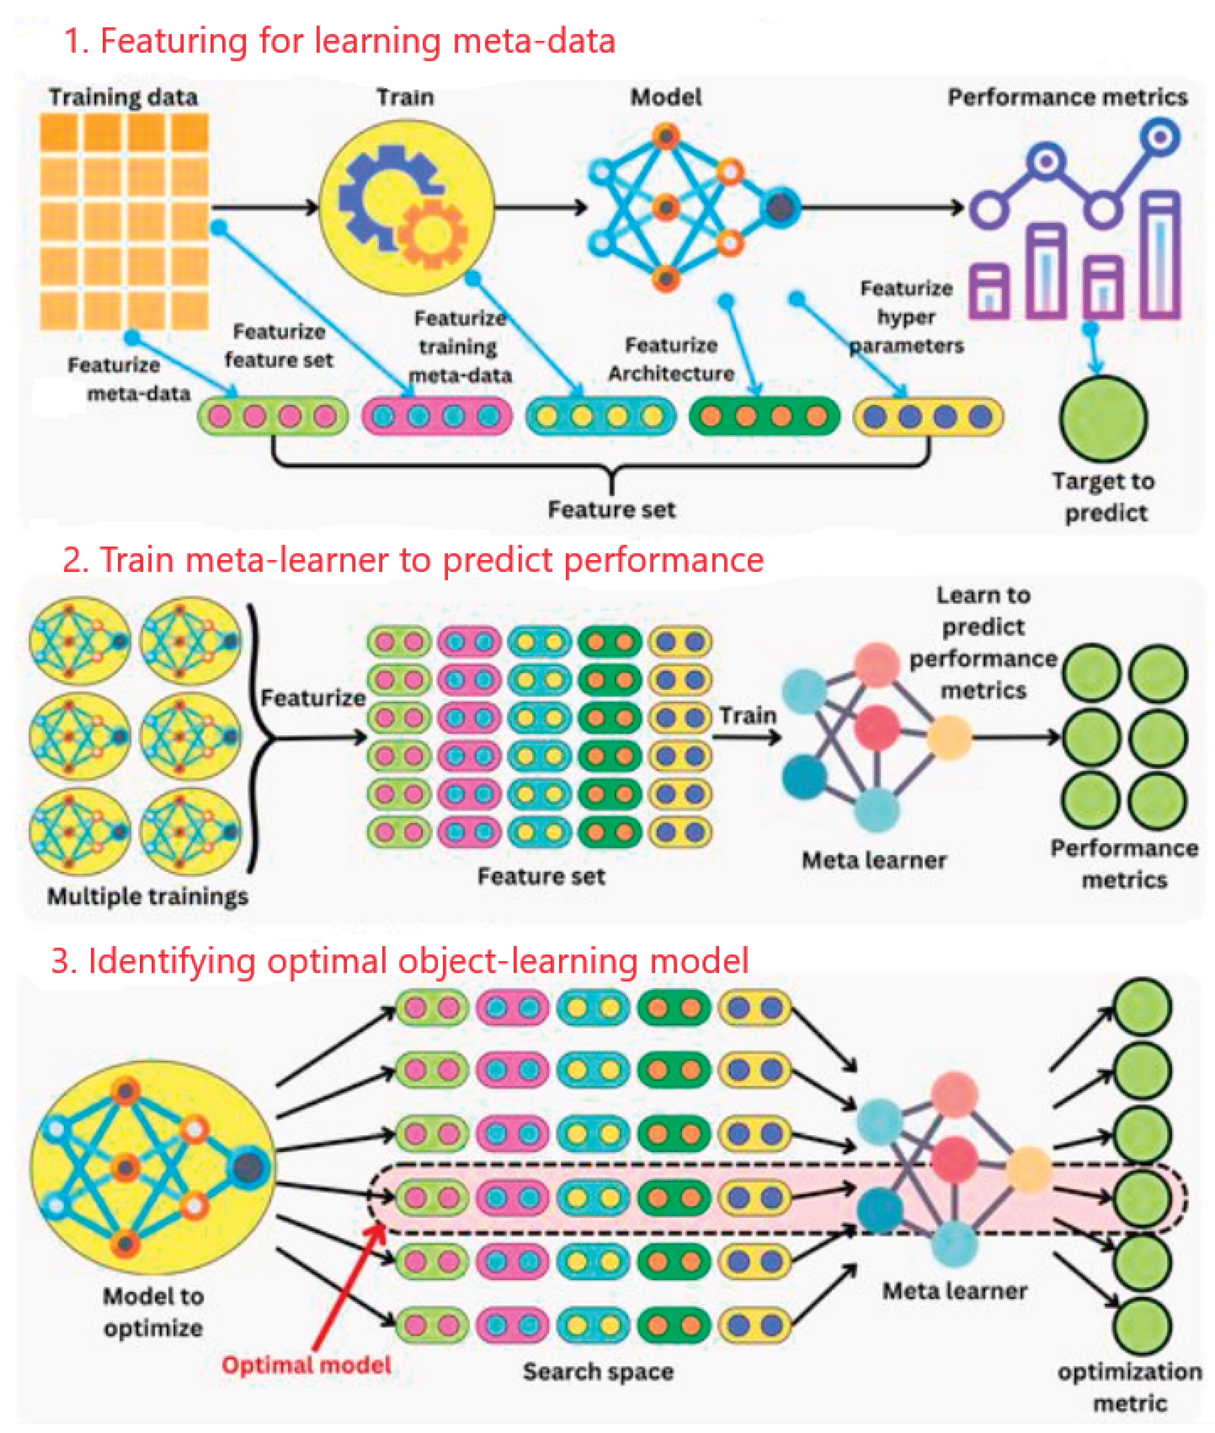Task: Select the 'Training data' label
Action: [123, 97]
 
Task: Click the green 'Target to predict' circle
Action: [1103, 418]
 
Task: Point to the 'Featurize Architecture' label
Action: [671, 359]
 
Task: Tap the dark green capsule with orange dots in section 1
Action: [764, 416]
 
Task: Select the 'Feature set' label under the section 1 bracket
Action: [611, 509]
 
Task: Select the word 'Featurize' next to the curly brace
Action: [313, 698]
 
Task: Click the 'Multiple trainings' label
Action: [148, 896]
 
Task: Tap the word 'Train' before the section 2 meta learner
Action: [747, 715]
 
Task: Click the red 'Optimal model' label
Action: [306, 1365]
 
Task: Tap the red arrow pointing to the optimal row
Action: [348, 1288]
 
